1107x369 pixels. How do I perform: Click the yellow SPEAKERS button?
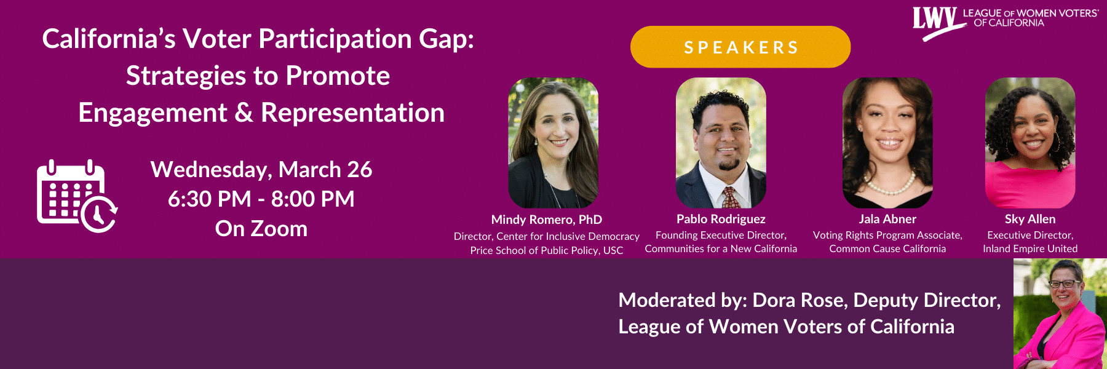[740, 47]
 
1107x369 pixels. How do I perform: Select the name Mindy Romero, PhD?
[547, 220]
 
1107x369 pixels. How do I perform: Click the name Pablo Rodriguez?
[721, 219]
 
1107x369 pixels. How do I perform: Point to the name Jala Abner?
[887, 219]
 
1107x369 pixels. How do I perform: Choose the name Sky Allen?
[1030, 219]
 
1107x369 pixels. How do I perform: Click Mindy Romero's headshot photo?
[553, 143]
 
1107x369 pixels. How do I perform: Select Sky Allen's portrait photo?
[1030, 143]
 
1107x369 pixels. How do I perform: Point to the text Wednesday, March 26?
[261, 170]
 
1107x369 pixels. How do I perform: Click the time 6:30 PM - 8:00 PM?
[261, 199]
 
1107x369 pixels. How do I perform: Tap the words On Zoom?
[261, 229]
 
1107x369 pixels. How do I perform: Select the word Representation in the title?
[352, 113]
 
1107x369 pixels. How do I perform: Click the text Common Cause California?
[887, 248]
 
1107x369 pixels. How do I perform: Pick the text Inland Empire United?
[1030, 248]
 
